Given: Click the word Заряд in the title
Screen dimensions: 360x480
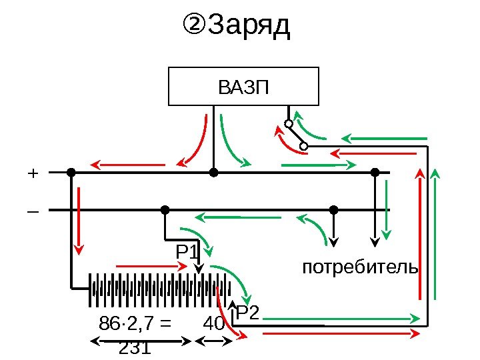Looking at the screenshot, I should coord(250,27).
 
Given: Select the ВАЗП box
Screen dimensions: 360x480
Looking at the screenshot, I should coord(243,86).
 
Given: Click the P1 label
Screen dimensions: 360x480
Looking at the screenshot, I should coord(187,253).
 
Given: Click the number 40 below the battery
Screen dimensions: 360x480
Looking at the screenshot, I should coord(213,324).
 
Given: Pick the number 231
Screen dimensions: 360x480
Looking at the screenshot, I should coord(133,349).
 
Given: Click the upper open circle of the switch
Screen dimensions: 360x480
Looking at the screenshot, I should coord(289,124).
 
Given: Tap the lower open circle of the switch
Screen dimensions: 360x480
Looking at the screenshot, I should coord(303,145).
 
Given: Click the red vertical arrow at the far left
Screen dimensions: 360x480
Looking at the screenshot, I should coord(79,220).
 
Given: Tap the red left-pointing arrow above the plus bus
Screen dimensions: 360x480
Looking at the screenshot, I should coord(127,163).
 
